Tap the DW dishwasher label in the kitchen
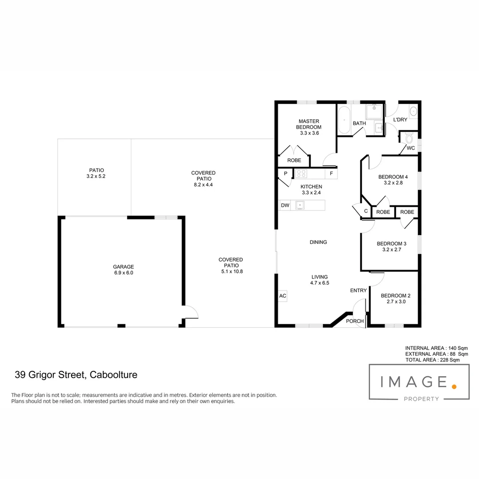pyautogui.click(x=285, y=205)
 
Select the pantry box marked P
pyautogui.click(x=285, y=173)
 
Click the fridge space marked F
pyautogui.click(x=331, y=173)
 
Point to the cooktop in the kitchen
pyautogui.click(x=302, y=173)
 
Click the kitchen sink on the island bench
pyautogui.click(x=300, y=205)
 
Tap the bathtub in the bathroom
pyautogui.click(x=344, y=120)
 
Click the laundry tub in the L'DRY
pyautogui.click(x=412, y=112)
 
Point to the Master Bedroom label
pyautogui.click(x=309, y=124)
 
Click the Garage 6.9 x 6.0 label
pyautogui.click(x=123, y=270)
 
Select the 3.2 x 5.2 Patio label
pyautogui.click(x=96, y=173)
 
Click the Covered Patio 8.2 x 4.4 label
pyautogui.click(x=203, y=179)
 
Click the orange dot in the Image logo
pyautogui.click(x=454, y=387)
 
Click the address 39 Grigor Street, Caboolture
pyautogui.click(x=76, y=375)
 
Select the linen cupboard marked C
pyautogui.click(x=365, y=212)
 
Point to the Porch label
pyautogui.click(x=355, y=321)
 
